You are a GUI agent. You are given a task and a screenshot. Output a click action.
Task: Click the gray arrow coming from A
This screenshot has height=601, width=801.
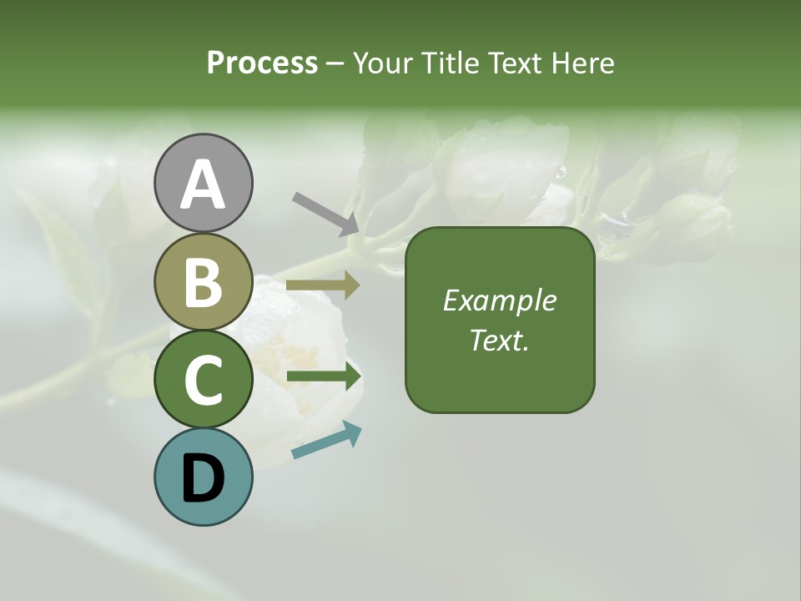(x=325, y=213)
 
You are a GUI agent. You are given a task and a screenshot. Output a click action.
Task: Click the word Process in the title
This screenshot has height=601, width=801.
(x=262, y=63)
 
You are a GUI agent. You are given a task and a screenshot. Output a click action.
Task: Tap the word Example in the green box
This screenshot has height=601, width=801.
(x=499, y=300)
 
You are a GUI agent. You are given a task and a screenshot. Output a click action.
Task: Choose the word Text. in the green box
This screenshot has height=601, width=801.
(x=499, y=340)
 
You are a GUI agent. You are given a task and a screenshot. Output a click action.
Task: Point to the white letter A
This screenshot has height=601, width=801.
(x=203, y=185)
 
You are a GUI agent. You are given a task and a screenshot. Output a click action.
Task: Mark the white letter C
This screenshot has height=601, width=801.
(x=203, y=381)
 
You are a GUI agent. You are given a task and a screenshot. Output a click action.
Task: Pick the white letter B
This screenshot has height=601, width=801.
(x=203, y=283)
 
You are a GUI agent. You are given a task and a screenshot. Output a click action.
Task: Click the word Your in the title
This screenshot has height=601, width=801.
(x=383, y=63)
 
